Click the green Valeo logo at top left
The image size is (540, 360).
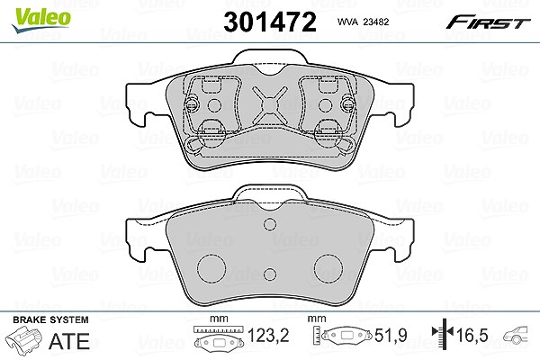40,20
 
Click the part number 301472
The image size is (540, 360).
270,22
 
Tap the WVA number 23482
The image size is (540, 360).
376,22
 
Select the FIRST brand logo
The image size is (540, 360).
488,22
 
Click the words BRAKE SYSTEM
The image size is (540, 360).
50,319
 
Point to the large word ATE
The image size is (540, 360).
69,341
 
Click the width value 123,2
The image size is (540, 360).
268,335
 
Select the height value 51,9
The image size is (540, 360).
391,335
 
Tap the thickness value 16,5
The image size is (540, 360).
472,335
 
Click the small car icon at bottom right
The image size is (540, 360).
516,335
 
